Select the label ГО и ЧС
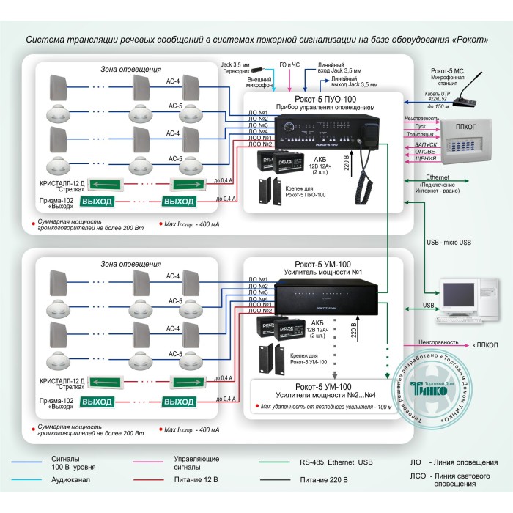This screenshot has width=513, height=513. [x=291, y=65]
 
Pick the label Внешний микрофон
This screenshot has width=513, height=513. [x=260, y=81]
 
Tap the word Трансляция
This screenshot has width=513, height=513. [x=420, y=135]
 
